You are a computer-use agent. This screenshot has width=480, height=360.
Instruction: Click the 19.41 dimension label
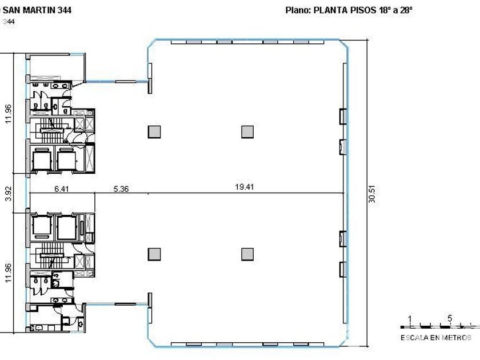pos(245,187)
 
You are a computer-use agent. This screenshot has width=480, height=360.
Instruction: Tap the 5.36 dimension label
pos(121,189)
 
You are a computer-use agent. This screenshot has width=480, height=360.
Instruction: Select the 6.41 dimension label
pos(62,189)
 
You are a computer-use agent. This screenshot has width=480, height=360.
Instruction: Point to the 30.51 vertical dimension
pos(372,194)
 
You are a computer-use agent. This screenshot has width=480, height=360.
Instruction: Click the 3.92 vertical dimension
pos(9,194)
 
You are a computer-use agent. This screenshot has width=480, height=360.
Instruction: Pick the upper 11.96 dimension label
pos(8,114)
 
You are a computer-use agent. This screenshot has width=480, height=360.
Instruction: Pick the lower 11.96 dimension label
pos(8,273)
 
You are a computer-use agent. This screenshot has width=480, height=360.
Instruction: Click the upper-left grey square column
pos(154,132)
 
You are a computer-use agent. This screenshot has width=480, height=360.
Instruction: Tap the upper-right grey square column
pos(247,132)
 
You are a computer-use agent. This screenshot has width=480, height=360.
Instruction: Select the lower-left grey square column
pos(154,254)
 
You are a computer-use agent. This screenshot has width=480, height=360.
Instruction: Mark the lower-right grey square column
pos(247,254)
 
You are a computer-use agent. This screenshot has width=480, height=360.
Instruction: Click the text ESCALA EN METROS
pos(436,338)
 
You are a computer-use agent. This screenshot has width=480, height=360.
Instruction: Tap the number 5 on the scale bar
pos(450,318)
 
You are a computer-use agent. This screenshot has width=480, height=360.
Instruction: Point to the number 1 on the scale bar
pos(410,319)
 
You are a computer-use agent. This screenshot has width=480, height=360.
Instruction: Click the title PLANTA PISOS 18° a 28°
pos(363,10)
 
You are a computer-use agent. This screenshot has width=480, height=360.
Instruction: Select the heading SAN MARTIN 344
pos(37,10)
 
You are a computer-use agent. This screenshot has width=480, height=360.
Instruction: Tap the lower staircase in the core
pos(52,255)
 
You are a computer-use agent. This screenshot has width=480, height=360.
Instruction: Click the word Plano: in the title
pos(298,10)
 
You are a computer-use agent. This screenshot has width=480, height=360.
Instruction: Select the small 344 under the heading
pos(9,22)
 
